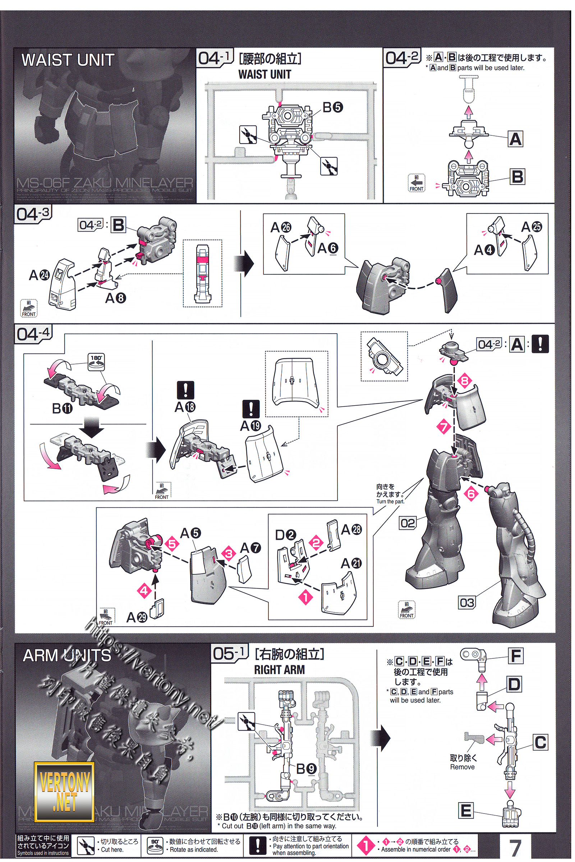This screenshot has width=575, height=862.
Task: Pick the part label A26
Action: click(x=281, y=228)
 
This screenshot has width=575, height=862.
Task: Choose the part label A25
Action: click(x=532, y=227)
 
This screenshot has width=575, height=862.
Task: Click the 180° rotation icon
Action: click(x=96, y=361)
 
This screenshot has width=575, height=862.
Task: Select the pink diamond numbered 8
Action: click(x=465, y=381)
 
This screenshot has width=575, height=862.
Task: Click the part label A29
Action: click(x=137, y=617)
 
